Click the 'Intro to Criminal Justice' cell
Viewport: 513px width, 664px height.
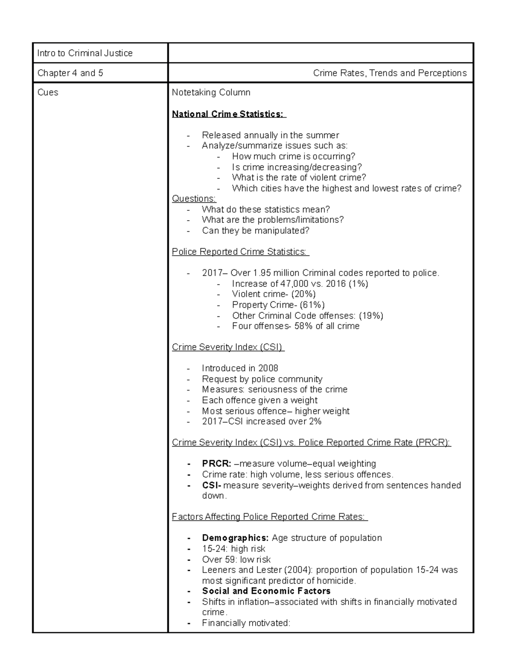click(85, 53)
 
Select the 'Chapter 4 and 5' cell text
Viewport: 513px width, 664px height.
click(70, 73)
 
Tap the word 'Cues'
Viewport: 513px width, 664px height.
click(47, 92)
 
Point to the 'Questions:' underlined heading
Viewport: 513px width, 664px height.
click(194, 198)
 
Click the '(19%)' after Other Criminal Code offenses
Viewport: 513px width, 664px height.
click(371, 316)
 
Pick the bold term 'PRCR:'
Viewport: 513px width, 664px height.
click(216, 463)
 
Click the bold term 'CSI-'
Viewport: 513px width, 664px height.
click(212, 485)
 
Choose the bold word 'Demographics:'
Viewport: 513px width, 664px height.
click(236, 538)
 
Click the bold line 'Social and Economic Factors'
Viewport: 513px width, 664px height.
click(266, 591)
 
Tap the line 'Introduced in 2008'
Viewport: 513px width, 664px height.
click(240, 368)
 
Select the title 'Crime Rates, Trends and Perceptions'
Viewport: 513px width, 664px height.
click(389, 73)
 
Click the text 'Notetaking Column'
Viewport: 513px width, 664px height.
click(211, 92)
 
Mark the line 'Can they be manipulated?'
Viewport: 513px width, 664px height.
click(255, 230)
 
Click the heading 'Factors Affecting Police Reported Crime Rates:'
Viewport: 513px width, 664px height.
click(269, 516)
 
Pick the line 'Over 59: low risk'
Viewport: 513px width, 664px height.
click(236, 559)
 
